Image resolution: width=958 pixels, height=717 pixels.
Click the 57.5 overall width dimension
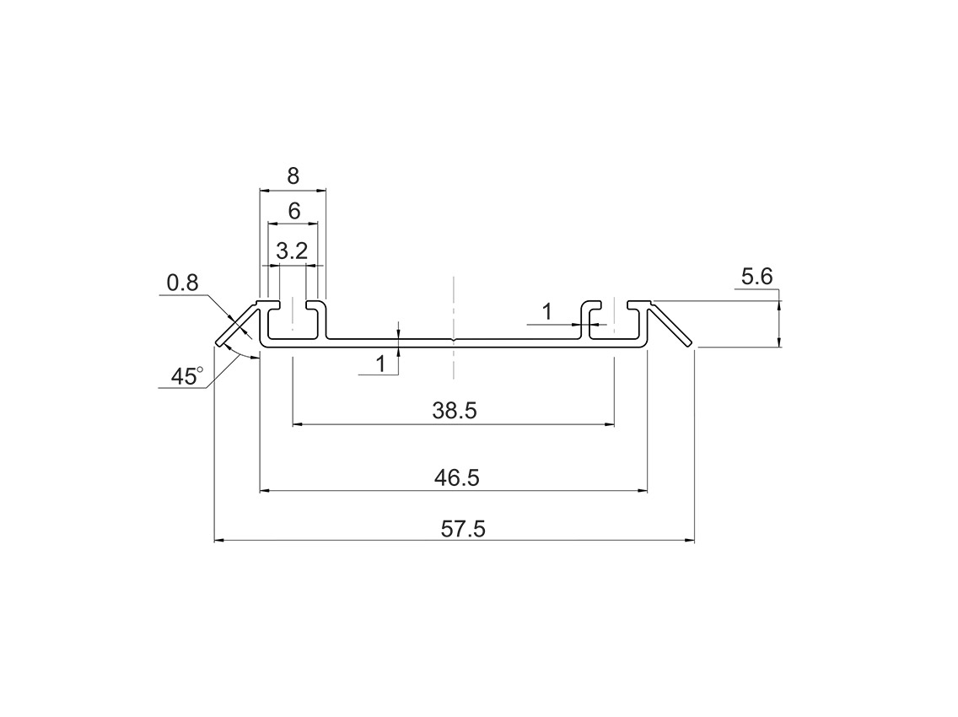463,529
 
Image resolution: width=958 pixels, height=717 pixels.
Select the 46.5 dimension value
456,477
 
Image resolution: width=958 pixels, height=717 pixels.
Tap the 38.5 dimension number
454,411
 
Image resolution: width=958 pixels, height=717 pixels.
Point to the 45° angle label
186,376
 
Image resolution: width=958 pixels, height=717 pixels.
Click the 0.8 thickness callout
183,283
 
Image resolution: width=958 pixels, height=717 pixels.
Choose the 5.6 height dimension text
757,277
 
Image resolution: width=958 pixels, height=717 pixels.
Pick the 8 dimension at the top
293,176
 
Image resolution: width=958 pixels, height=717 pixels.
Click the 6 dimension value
293,212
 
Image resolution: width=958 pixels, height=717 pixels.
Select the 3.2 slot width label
292,251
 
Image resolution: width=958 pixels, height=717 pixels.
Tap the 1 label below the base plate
380,364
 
